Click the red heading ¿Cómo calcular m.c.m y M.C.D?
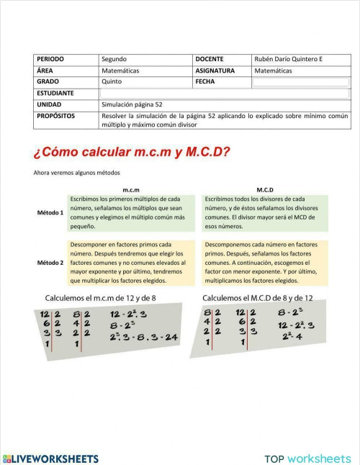(132, 152)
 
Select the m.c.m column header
(130, 189)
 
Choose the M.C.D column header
(265, 189)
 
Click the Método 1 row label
(50, 213)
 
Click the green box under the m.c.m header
(130, 212)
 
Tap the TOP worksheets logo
(308, 458)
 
